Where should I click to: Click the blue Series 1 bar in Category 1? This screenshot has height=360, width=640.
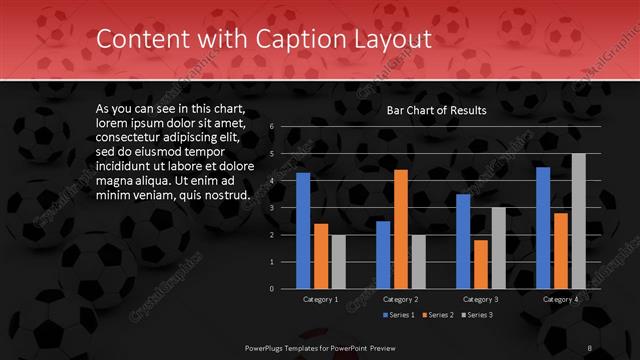pos(303,230)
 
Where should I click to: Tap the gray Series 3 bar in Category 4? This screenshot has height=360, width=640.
pos(578,221)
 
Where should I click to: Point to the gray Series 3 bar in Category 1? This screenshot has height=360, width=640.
pos(338,261)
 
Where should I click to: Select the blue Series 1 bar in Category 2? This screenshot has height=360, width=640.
pos(383,254)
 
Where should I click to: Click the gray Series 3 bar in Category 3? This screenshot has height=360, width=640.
pos(498,248)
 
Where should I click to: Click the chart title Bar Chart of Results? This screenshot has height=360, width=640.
pos(436,111)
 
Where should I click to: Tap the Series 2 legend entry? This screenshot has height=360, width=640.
pos(440,314)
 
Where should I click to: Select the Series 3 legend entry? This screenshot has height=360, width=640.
pos(480,314)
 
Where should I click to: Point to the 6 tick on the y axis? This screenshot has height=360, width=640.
pos(272,128)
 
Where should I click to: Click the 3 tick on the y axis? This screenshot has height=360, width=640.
pos(272,208)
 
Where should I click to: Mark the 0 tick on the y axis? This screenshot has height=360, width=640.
pos(272,288)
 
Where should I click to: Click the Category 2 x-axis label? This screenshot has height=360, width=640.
pos(400,299)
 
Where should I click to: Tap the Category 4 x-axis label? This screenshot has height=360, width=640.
pos(560,299)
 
